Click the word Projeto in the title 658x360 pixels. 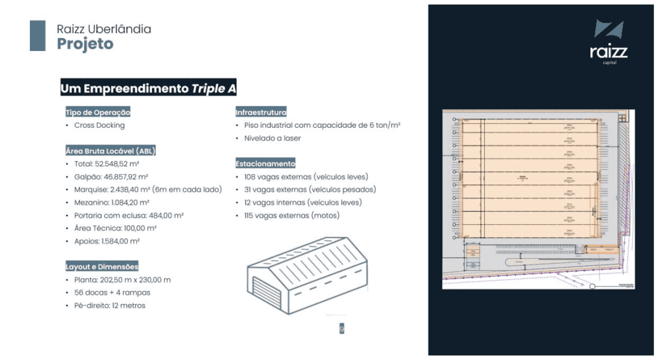point(85,44)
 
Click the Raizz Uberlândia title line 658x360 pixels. point(104,29)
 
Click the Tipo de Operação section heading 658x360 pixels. point(98,112)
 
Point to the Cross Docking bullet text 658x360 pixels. point(100,125)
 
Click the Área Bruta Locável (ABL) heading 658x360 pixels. point(115,151)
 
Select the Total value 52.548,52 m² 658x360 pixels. point(106,164)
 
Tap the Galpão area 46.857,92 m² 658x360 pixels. point(111,177)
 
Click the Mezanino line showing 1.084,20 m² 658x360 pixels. point(111,203)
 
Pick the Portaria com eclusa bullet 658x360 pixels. point(128,215)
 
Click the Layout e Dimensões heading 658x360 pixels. point(102,266)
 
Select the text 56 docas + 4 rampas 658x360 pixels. point(112,292)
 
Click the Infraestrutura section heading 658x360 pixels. point(261,112)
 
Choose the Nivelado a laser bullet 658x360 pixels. point(273,138)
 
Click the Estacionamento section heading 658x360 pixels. point(265,164)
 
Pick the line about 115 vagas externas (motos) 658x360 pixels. point(292,215)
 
